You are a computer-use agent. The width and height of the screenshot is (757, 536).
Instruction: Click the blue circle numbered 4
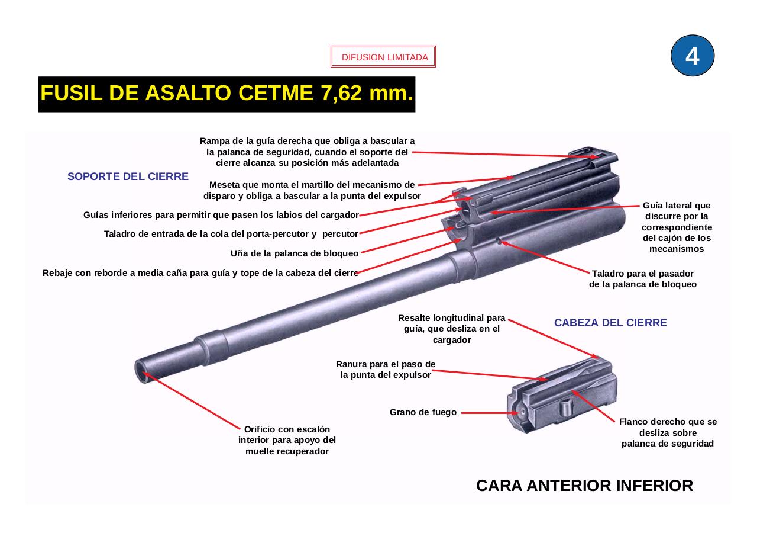tap(692, 56)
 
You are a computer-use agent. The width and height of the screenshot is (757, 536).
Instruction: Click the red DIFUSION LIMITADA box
tap(383, 57)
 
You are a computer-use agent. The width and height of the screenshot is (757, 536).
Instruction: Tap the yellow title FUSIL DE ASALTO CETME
tap(227, 94)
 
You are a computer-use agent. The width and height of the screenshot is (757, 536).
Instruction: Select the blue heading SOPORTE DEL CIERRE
tap(128, 176)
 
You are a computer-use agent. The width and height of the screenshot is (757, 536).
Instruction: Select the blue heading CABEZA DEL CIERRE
tap(610, 323)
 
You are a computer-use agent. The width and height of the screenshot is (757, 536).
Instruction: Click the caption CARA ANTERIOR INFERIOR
tap(584, 486)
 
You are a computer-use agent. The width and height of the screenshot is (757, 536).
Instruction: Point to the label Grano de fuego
tap(423, 412)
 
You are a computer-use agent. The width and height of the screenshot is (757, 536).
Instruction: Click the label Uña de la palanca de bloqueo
tap(294, 253)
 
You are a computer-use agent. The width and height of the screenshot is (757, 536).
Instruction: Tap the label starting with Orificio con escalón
tap(287, 440)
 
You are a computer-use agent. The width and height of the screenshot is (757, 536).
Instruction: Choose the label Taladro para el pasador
tap(643, 279)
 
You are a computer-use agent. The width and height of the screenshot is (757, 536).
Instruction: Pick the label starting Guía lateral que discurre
tap(677, 227)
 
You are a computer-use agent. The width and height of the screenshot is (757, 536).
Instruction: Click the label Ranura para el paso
tap(386, 370)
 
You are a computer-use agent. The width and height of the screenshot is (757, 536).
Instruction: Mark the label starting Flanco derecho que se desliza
tap(668, 432)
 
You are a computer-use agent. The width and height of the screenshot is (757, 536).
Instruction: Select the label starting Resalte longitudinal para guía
tap(452, 329)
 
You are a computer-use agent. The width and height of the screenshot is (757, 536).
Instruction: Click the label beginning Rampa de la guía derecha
tap(307, 152)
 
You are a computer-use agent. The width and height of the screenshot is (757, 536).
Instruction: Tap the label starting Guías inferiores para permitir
tap(221, 215)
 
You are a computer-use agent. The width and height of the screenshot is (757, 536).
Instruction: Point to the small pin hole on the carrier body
tap(499, 240)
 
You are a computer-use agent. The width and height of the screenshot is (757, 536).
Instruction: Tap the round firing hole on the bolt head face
tap(521, 413)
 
